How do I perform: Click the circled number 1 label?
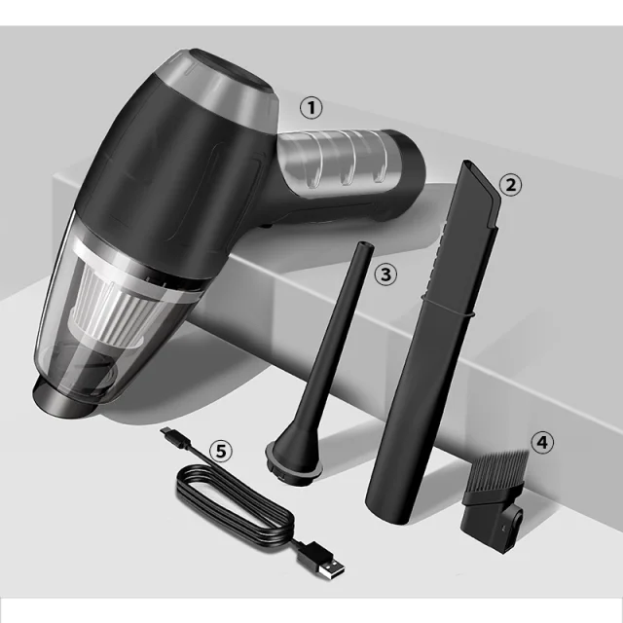pyautogui.click(x=311, y=108)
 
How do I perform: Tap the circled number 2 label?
pyautogui.click(x=510, y=185)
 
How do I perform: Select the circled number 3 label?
pyautogui.click(x=385, y=275)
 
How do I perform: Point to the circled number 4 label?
pyautogui.click(x=542, y=442)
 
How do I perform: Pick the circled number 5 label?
pyautogui.click(x=221, y=451)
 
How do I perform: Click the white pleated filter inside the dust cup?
pyautogui.click(x=113, y=303)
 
